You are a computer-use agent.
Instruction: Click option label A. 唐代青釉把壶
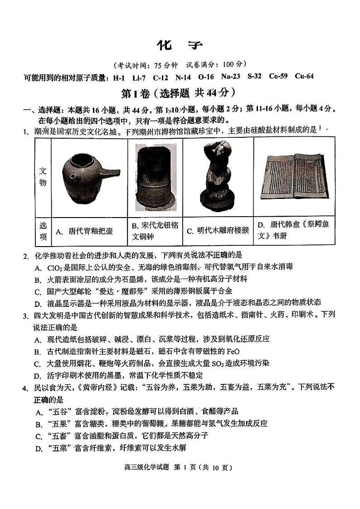(84, 231)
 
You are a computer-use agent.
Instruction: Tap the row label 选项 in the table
(43, 231)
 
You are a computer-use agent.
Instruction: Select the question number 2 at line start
(26, 256)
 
